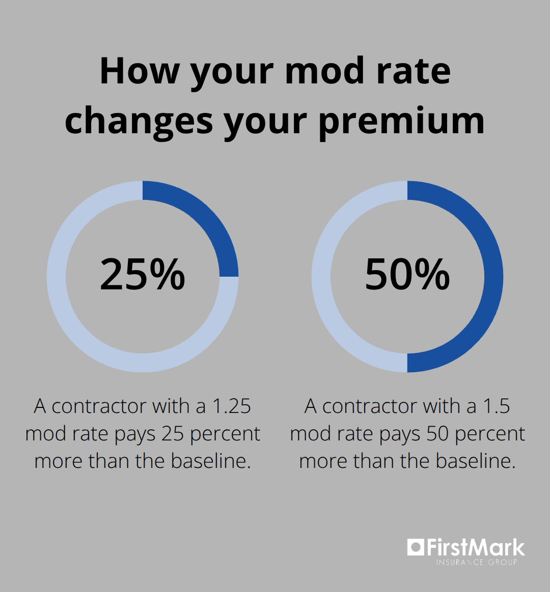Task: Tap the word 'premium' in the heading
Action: (401, 122)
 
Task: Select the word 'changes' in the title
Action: (139, 122)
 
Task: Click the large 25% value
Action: (143, 275)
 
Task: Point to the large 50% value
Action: (407, 275)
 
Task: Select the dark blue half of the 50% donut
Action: (493, 277)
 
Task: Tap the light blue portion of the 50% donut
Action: (321, 277)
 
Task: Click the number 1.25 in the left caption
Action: (232, 406)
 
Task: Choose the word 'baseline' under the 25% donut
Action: (210, 461)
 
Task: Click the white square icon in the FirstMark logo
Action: (415, 547)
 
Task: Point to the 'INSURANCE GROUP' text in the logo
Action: (476, 562)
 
